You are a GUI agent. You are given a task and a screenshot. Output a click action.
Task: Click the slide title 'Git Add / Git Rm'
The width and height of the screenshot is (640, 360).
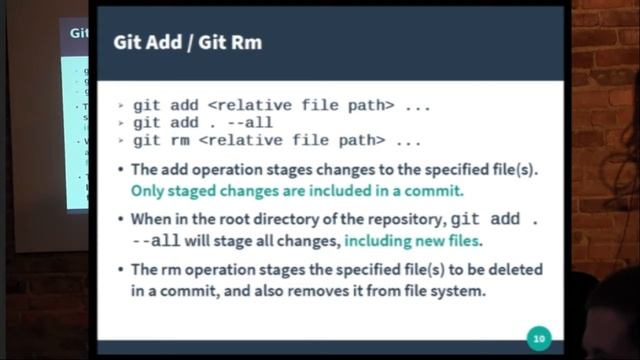[x=188, y=43]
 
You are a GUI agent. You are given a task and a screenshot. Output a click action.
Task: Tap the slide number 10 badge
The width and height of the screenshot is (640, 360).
[x=539, y=337]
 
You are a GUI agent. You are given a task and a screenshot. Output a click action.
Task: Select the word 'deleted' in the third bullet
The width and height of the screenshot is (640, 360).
[x=515, y=270]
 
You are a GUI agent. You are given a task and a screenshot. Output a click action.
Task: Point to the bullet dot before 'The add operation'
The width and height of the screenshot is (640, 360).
[x=121, y=169]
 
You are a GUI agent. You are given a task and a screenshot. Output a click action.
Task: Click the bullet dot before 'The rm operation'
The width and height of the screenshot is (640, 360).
[x=121, y=270]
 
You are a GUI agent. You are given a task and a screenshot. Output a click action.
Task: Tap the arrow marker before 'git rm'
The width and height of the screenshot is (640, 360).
[x=120, y=141]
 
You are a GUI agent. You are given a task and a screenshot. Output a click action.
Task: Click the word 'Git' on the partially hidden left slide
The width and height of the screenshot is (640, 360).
[x=78, y=32]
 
